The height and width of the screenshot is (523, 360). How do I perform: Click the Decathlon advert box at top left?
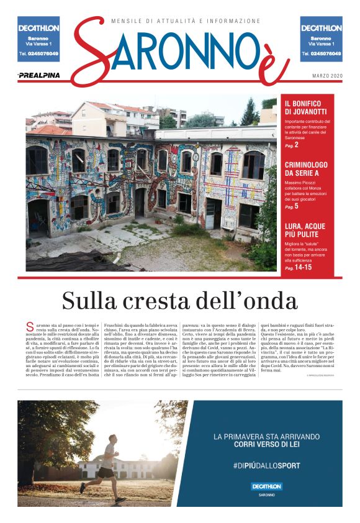[x=38, y=39]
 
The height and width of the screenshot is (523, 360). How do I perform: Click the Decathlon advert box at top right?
[x=321, y=39]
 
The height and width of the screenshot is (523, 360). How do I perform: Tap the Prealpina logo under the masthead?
[x=38, y=75]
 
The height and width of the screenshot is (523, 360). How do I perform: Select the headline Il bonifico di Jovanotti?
[x=306, y=107]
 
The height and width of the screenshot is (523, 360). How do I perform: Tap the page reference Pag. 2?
[x=292, y=145]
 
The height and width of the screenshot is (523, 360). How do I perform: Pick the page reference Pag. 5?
[x=292, y=206]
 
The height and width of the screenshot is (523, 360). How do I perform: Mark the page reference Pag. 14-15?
[x=298, y=268]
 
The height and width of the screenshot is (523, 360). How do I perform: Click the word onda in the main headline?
[x=271, y=301]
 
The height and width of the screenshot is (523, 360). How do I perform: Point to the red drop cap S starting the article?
[x=29, y=327]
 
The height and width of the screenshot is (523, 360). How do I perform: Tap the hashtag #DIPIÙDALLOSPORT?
[x=266, y=465]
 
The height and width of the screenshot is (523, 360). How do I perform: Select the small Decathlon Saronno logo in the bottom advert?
[x=266, y=488]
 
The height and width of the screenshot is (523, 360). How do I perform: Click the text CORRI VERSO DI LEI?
[x=266, y=445]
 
